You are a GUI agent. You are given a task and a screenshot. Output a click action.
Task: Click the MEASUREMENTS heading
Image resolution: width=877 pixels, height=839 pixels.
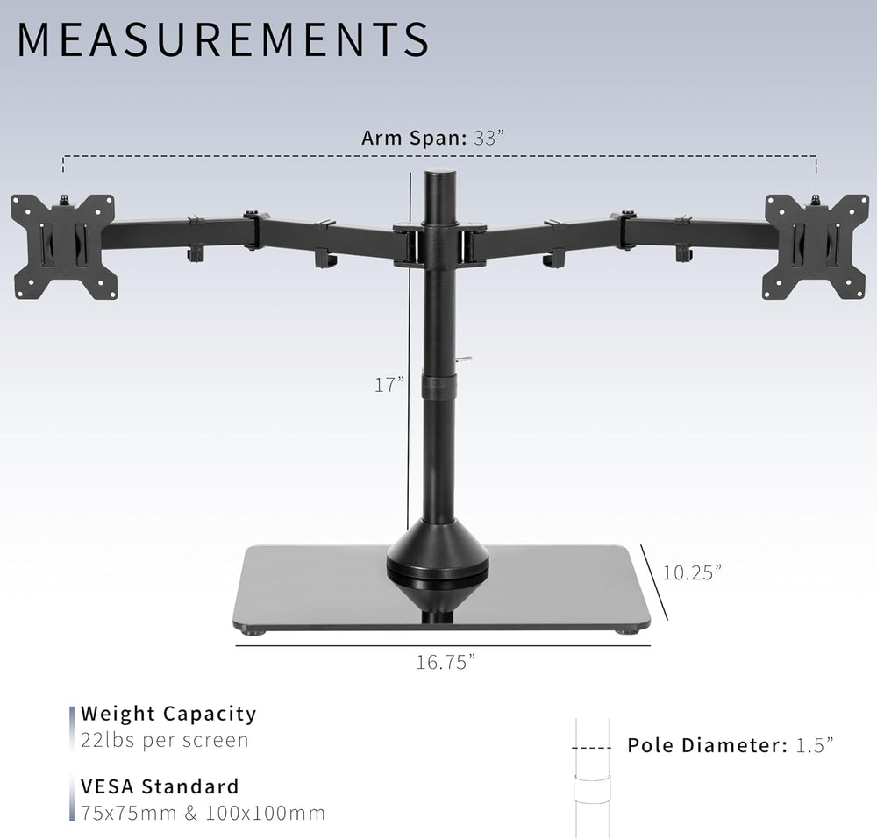224,40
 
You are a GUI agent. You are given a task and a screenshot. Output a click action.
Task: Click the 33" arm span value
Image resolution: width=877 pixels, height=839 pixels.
490,138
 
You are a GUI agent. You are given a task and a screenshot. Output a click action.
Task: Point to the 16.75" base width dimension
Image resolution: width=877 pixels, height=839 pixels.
446,661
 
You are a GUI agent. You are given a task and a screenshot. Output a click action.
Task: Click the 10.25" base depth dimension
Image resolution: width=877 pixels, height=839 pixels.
692,572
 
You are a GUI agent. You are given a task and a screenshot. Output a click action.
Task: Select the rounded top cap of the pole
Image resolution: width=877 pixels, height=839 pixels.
438,181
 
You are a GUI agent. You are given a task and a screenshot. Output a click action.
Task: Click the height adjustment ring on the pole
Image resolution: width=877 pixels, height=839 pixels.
438,384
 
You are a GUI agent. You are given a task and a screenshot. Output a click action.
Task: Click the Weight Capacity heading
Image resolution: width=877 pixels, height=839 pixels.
168,714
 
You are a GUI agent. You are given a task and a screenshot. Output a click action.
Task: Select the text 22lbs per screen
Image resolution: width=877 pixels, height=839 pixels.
165,740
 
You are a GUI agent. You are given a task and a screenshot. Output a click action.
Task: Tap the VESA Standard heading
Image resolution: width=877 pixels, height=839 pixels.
160,786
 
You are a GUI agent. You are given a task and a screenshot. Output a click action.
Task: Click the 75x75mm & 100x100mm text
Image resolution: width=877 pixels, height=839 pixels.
203,813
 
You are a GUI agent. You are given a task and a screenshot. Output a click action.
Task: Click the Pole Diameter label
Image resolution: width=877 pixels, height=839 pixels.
707,745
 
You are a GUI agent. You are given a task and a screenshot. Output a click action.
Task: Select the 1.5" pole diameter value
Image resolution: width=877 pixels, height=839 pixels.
815,745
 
